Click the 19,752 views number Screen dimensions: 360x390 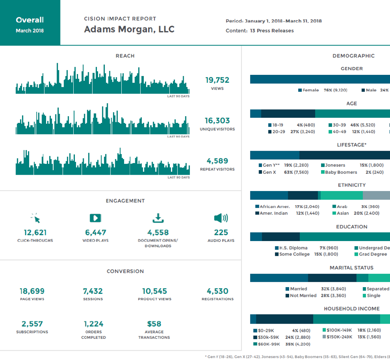point(217,80)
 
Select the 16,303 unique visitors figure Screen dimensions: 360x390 point(217,121)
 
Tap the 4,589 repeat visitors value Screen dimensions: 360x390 point(217,161)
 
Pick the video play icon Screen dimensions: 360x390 point(95,218)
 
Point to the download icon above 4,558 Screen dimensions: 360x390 point(158,218)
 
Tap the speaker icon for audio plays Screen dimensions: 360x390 point(221,218)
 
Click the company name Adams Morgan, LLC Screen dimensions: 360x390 point(129,30)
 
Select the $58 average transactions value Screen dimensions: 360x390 point(154,324)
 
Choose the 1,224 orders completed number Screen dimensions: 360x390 point(93,324)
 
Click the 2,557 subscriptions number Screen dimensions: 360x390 point(32,324)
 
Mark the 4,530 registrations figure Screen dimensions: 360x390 point(217,291)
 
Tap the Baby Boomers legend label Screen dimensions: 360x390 point(341,172)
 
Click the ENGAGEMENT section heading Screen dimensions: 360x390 point(125,201)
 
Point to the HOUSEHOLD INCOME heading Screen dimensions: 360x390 point(352,309)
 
